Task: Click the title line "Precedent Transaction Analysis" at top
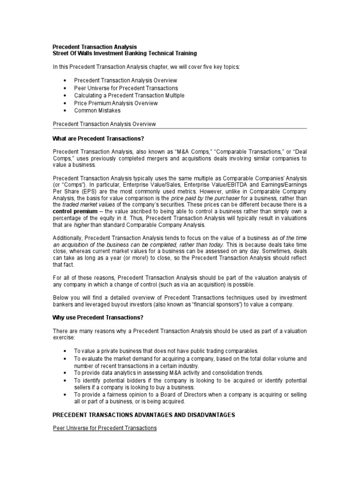click(95, 47)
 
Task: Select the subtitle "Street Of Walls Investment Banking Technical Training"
click(124, 53)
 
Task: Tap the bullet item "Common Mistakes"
click(97, 111)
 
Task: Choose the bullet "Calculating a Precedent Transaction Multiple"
click(129, 96)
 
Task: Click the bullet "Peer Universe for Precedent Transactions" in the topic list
click(126, 88)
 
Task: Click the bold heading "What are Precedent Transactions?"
click(98, 139)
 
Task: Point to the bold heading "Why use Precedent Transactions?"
click(97, 317)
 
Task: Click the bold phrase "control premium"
click(75, 211)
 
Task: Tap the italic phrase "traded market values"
click(89, 205)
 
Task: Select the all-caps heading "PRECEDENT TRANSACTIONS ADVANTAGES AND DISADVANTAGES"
click(143, 415)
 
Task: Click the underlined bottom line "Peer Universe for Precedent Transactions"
click(105, 428)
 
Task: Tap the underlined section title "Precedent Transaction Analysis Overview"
click(104, 124)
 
